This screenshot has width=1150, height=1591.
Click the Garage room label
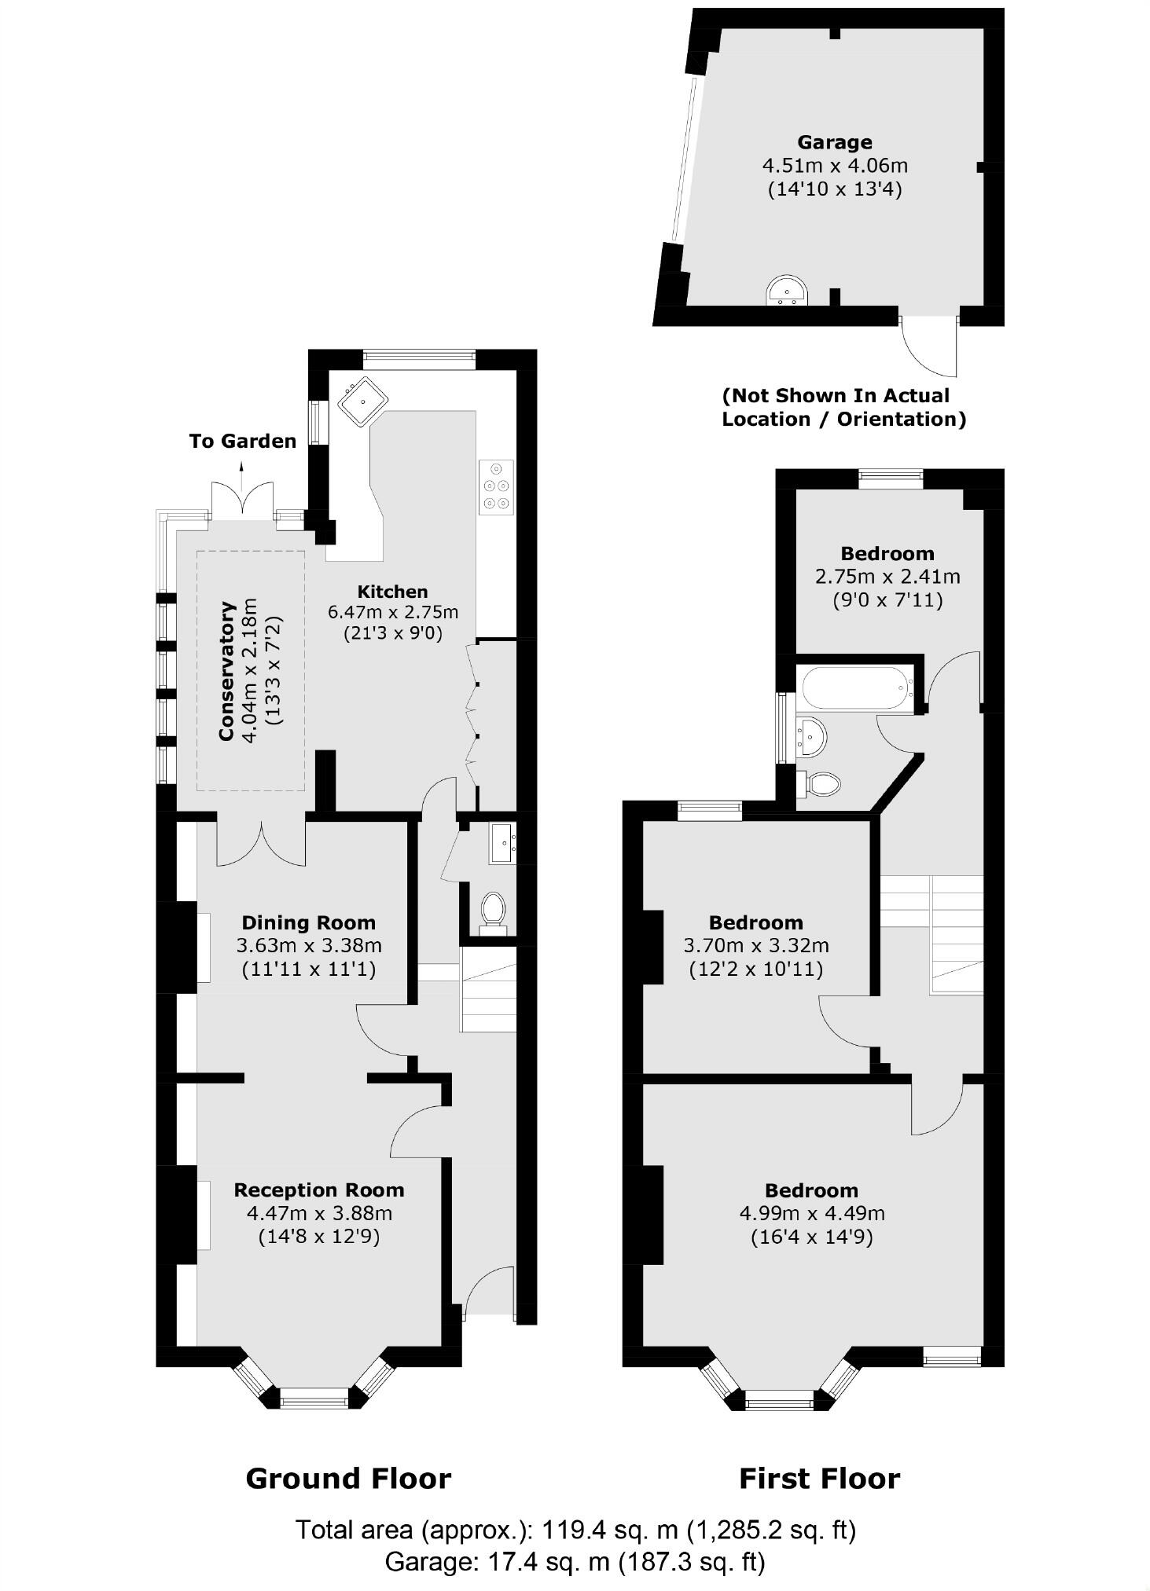point(834,142)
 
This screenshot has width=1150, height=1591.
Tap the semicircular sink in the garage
point(786,290)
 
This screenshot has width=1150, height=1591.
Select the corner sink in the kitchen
point(362,401)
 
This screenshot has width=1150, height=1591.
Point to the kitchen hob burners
point(496,487)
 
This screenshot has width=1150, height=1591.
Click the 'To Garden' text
point(242,442)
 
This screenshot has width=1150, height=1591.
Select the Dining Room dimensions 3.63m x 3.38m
point(309,945)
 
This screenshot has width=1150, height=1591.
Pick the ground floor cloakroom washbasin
point(502,843)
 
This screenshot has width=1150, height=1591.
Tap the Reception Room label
point(319,1190)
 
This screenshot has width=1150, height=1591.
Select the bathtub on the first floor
point(856,688)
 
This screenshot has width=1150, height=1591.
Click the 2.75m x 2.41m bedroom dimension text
point(887,577)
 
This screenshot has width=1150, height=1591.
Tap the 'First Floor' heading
point(819,1479)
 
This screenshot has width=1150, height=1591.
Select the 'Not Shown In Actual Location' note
point(843,407)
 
